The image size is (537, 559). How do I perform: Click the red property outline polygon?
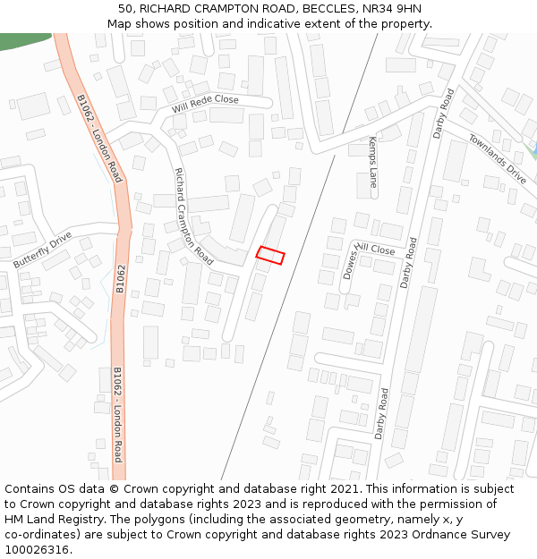(270, 255)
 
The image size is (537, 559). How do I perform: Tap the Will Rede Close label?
(206, 106)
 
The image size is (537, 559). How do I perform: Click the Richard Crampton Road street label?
(193, 216)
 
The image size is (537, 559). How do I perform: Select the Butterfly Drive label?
(42, 250)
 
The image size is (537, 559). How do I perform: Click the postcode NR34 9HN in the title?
(391, 9)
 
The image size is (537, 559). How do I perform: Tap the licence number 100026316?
(37, 549)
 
